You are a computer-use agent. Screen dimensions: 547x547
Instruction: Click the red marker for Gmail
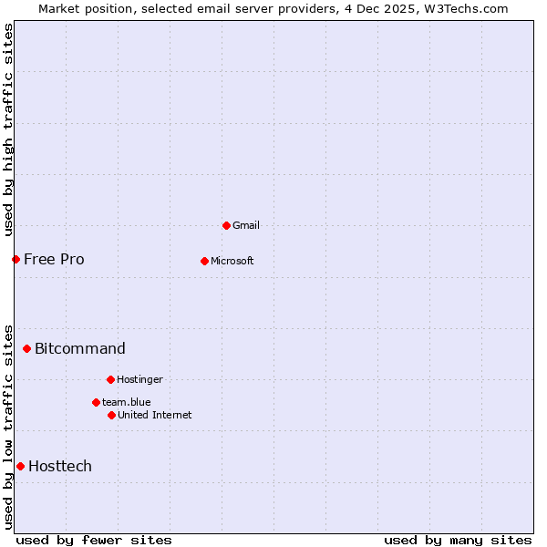[x=226, y=225]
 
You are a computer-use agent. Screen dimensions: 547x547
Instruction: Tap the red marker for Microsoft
[x=204, y=261]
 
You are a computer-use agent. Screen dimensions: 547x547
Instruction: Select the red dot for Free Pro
[x=15, y=259]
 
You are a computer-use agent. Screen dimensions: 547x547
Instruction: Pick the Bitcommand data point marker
[x=26, y=348]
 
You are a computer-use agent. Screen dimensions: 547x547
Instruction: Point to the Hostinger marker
[x=110, y=379]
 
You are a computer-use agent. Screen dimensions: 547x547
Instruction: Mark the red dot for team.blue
[x=96, y=402]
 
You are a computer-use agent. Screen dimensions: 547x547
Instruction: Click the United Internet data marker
[x=111, y=415]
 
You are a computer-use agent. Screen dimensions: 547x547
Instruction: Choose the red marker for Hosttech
[x=20, y=466]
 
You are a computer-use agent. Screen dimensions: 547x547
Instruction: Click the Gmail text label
[x=246, y=225]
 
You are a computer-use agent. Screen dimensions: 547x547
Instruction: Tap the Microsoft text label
[x=232, y=261]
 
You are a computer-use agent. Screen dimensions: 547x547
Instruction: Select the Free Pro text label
[x=54, y=259]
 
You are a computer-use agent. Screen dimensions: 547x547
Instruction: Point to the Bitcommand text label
[x=80, y=348]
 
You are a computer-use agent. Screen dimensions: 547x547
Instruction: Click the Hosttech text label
[x=60, y=466]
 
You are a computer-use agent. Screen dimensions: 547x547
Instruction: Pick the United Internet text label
[x=155, y=415]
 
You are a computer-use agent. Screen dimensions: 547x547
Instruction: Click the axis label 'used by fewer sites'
[x=94, y=540]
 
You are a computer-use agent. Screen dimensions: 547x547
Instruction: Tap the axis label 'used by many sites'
[x=458, y=540]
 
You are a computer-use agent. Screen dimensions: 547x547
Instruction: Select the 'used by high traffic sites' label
[x=8, y=129]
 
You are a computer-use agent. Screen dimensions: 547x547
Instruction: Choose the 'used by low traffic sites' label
[x=8, y=426]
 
